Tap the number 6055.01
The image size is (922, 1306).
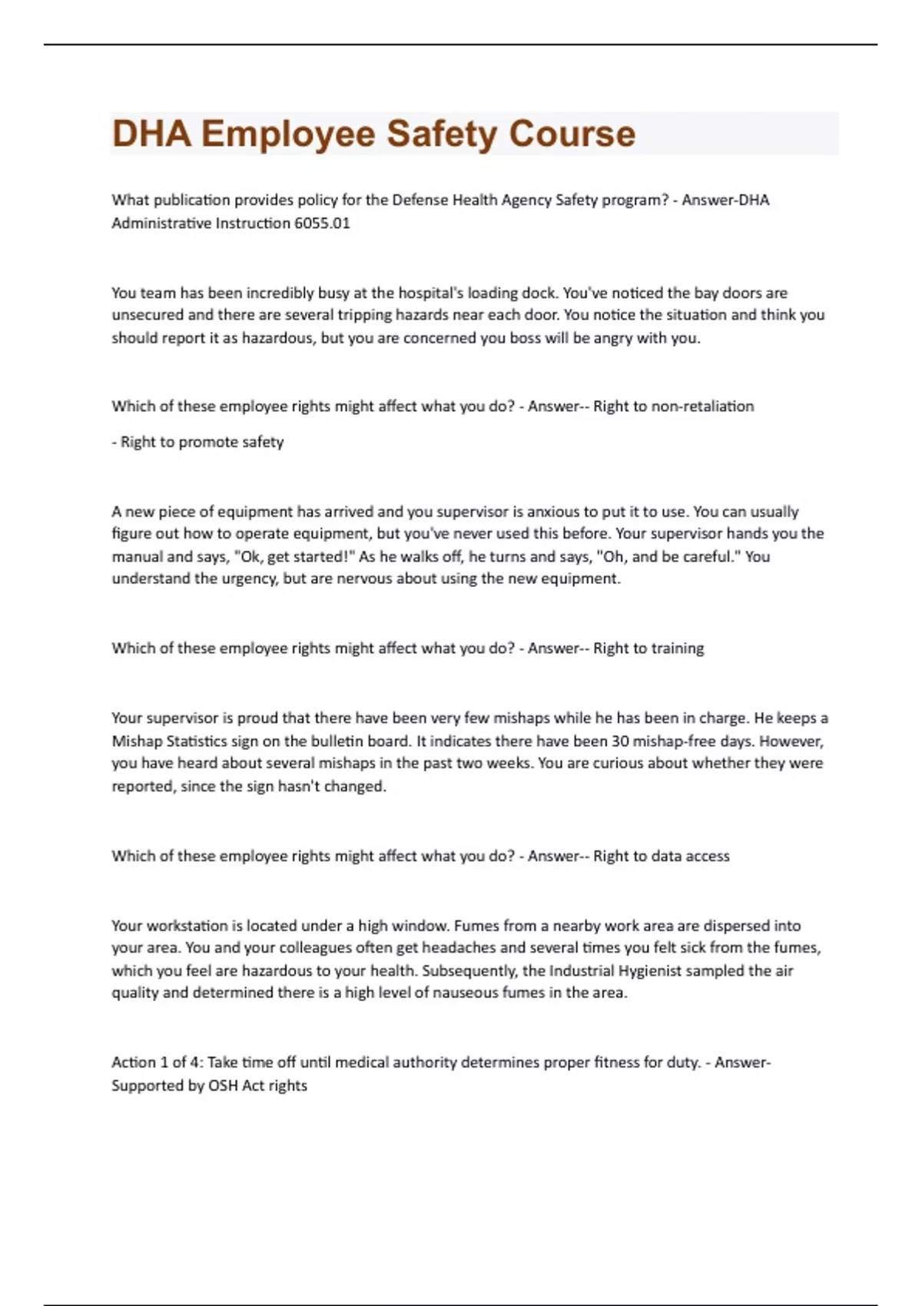pyautogui.click(x=322, y=224)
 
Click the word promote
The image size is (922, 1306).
pyautogui.click(x=208, y=443)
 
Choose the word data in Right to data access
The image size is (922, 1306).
pyautogui.click(x=651, y=856)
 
